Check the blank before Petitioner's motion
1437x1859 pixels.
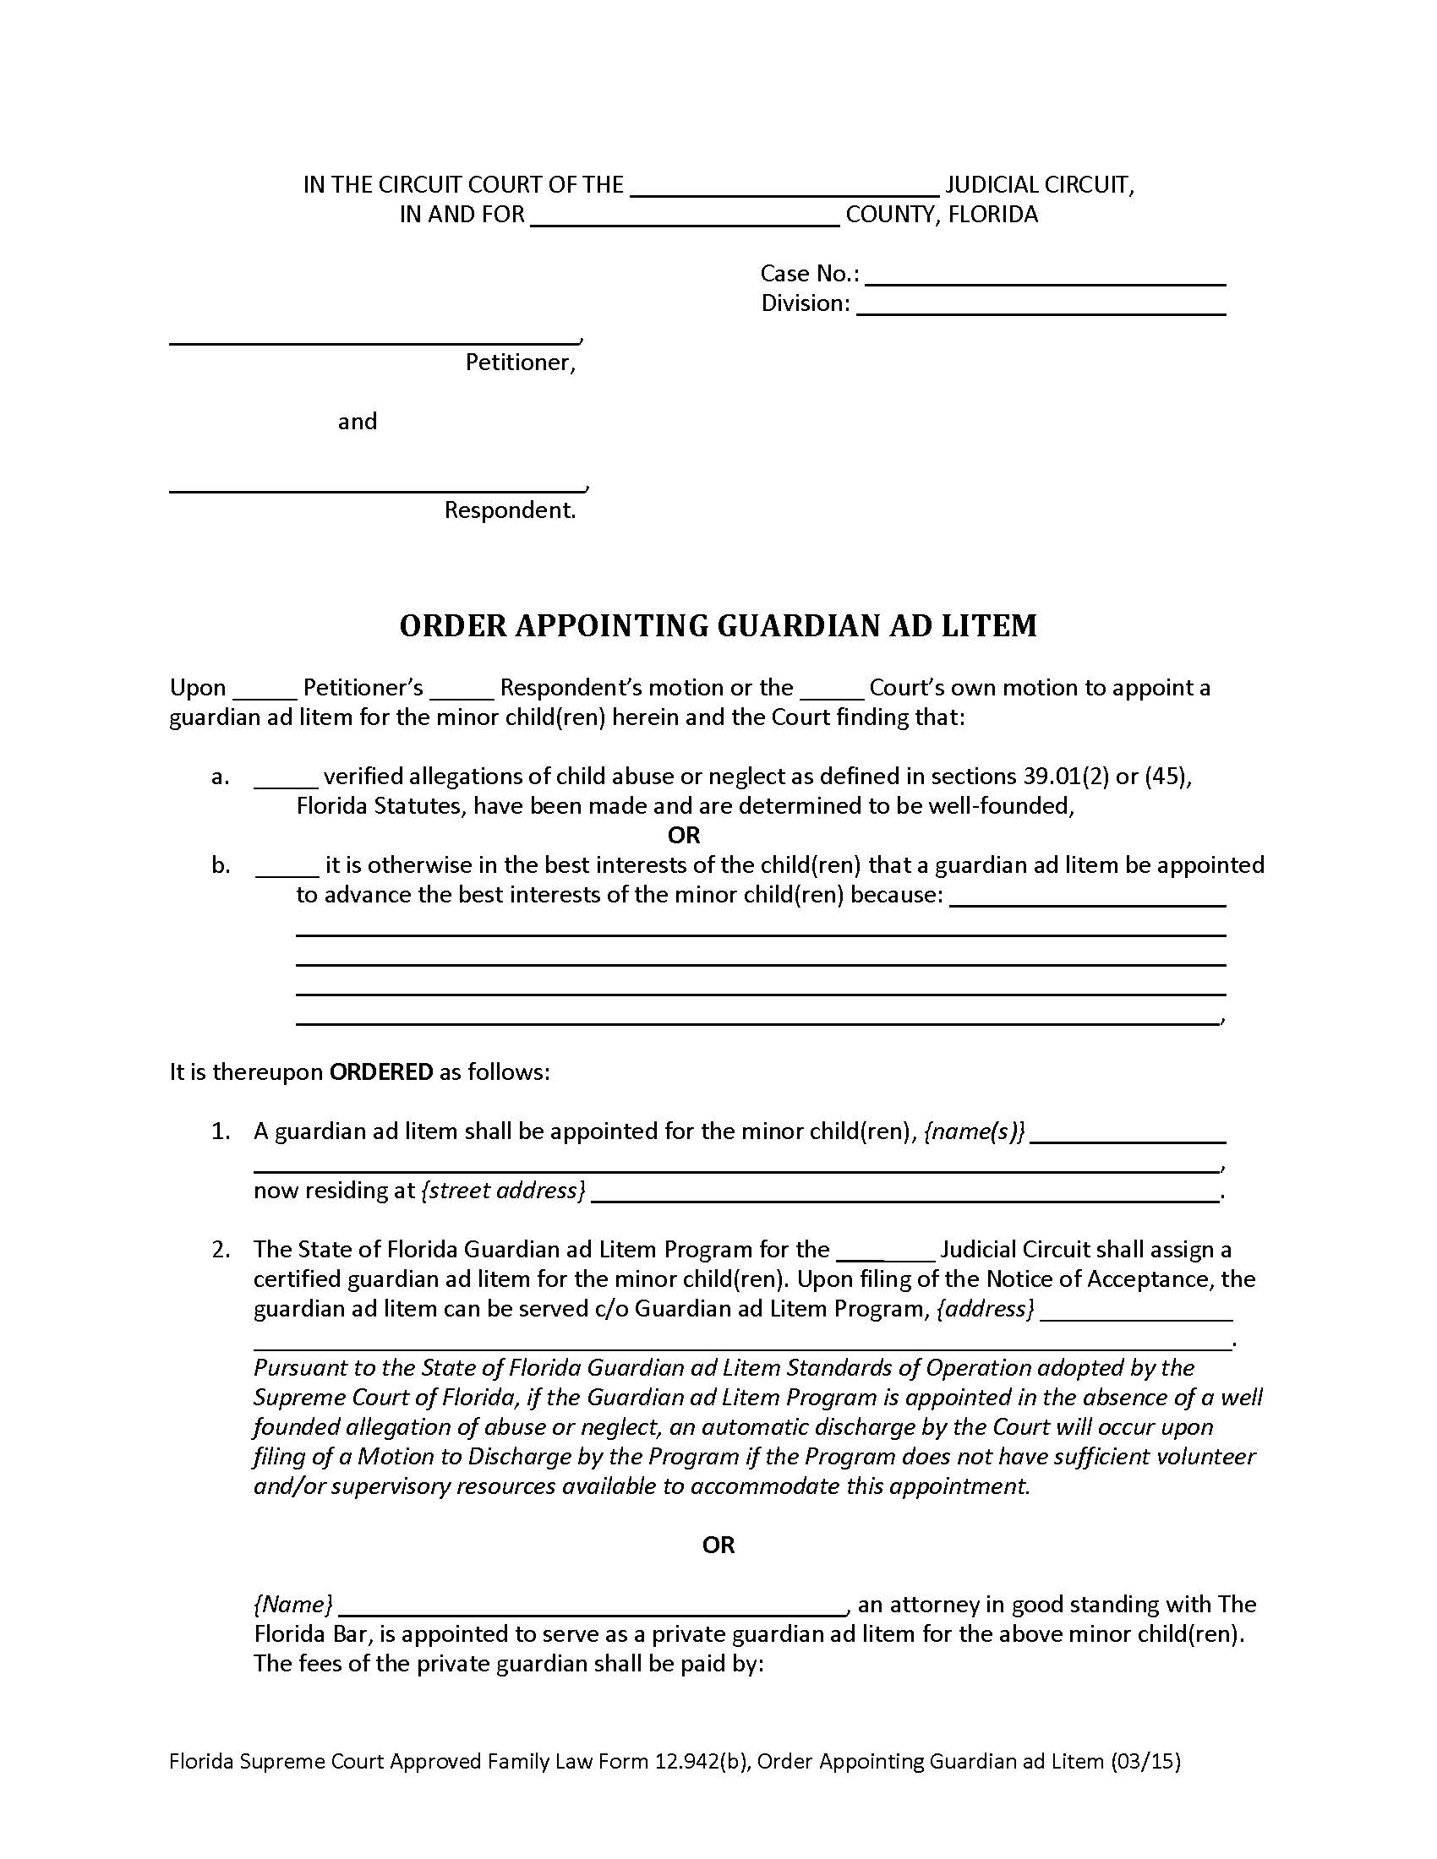(264, 690)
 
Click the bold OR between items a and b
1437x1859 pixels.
(684, 835)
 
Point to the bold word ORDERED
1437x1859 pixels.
(381, 1071)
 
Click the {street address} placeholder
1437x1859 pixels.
(503, 1190)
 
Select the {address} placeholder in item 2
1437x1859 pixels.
(985, 1308)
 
